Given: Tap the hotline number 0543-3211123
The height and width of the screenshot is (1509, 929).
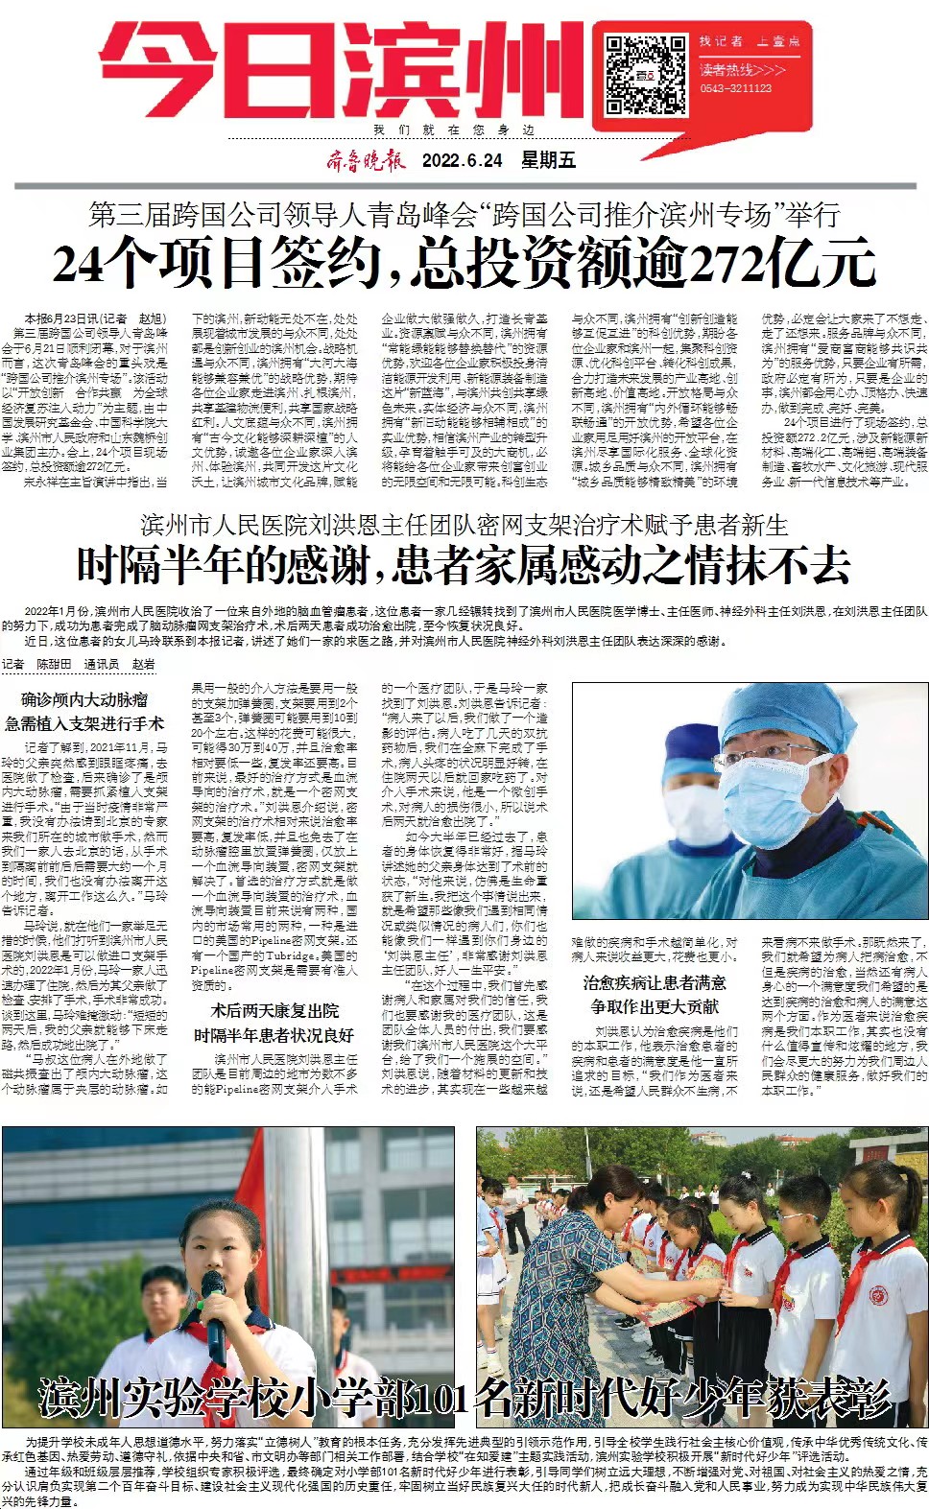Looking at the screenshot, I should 736,88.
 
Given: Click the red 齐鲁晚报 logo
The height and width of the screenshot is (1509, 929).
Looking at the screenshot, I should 365,160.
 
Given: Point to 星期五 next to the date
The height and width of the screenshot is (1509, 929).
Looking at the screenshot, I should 548,160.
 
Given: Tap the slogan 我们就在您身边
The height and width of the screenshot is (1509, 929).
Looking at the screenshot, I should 453,130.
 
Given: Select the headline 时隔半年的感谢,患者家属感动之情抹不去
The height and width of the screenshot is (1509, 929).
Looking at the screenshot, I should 464,564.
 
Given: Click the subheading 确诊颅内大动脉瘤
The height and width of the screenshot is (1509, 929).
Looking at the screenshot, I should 84,699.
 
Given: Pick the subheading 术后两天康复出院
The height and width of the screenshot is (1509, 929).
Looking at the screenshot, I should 274,1010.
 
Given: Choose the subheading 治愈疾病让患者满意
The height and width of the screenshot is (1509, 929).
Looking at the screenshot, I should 655,982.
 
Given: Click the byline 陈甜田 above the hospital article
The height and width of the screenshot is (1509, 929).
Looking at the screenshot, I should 55,664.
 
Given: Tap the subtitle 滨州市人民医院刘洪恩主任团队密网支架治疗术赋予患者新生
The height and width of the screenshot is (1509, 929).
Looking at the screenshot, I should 464,525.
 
